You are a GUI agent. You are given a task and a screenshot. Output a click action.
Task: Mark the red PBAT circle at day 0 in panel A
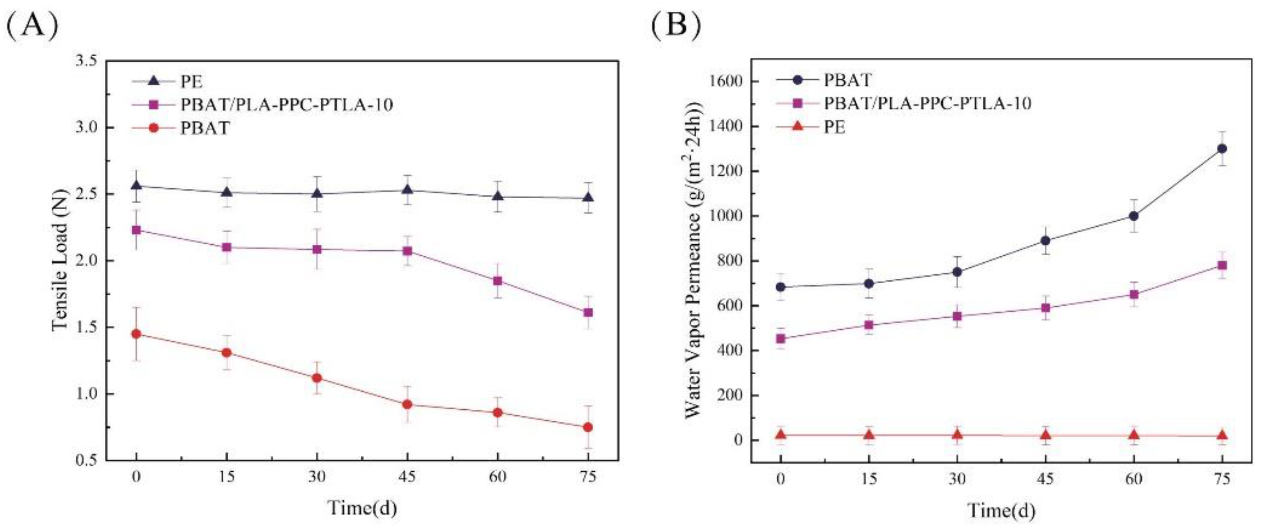(136, 334)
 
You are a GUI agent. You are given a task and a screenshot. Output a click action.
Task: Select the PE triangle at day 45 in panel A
(407, 190)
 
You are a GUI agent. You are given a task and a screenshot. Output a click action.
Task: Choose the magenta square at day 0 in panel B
(780, 339)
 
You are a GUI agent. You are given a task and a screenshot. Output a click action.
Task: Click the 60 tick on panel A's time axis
(497, 477)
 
